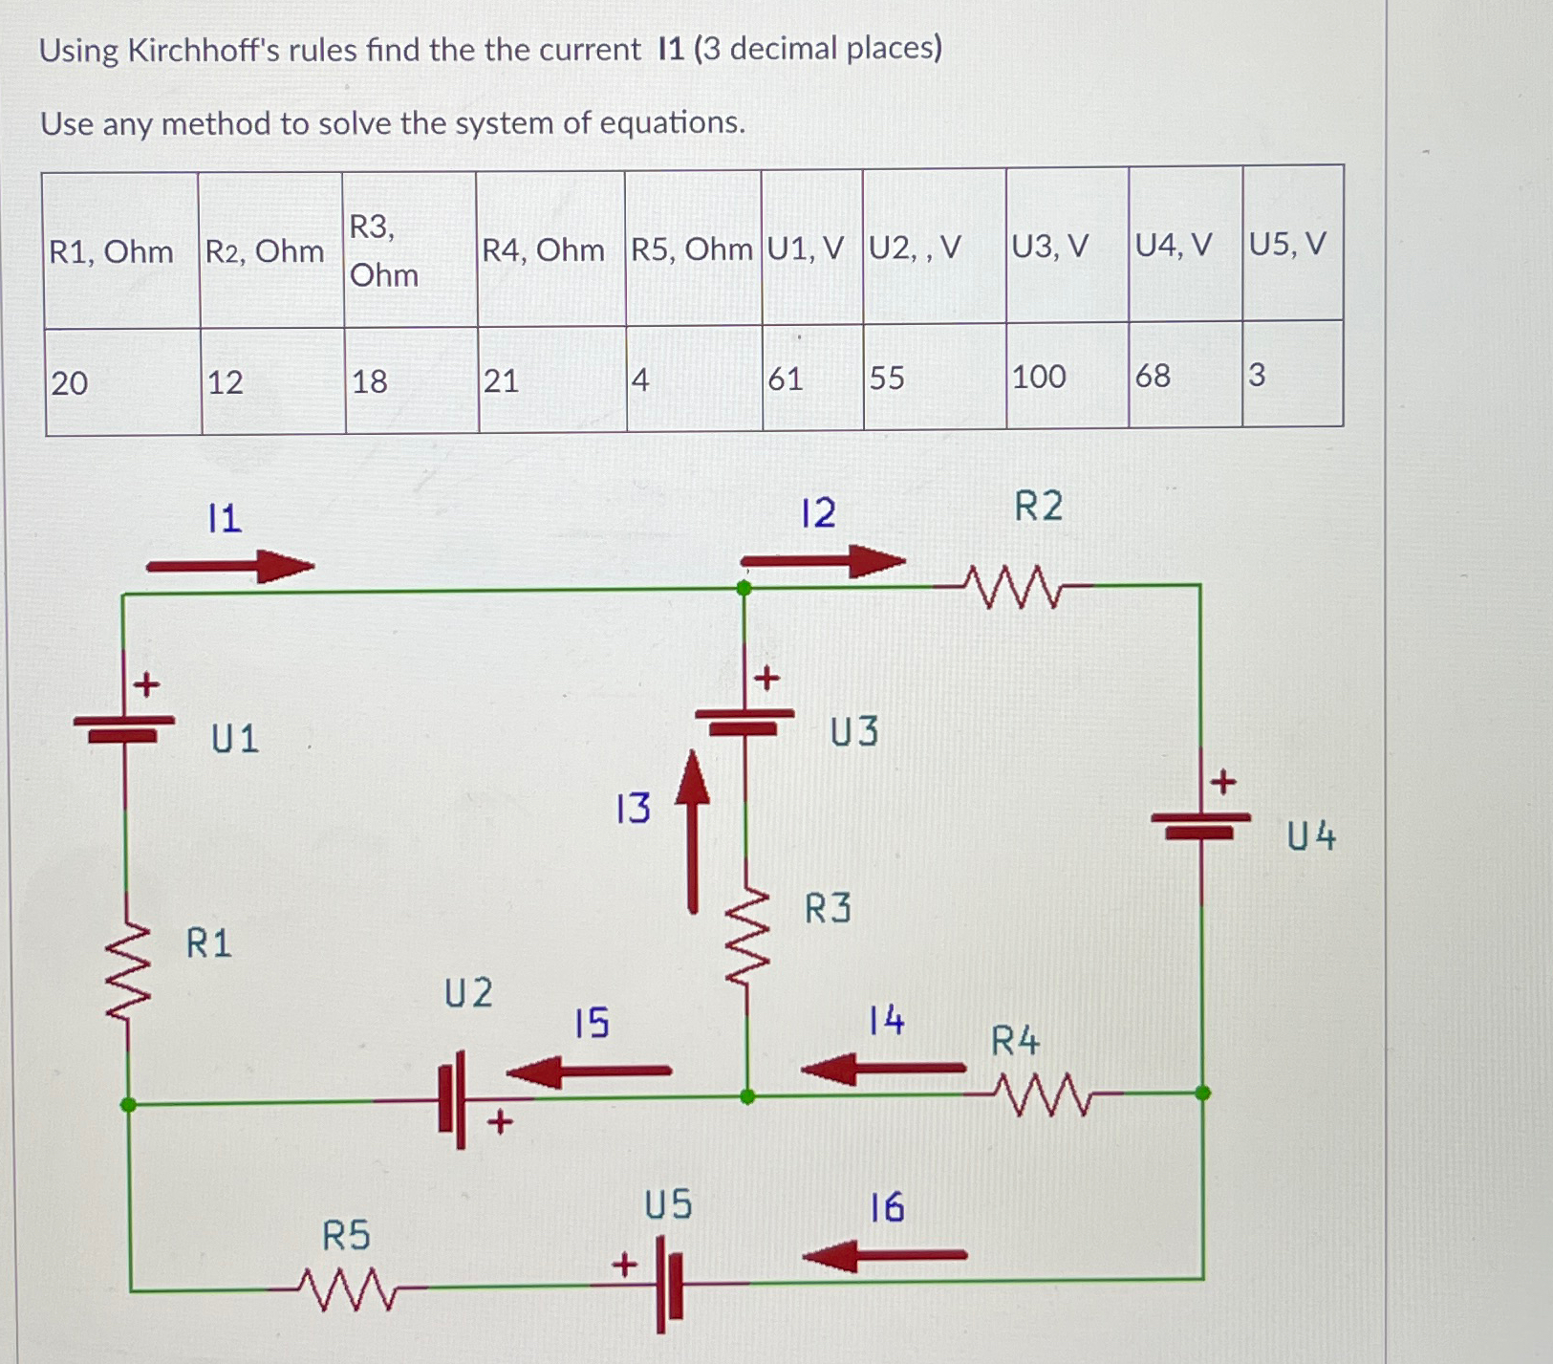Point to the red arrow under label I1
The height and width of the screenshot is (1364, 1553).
tap(230, 567)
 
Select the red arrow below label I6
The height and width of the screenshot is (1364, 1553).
tap(885, 1255)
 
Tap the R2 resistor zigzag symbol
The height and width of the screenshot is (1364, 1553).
tap(1012, 586)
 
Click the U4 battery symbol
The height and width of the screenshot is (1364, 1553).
tap(1200, 824)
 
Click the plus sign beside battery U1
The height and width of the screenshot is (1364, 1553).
tap(145, 684)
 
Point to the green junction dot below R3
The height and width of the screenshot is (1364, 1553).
tap(747, 1097)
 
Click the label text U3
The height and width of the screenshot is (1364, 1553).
tap(853, 732)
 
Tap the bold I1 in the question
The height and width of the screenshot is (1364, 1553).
tap(671, 49)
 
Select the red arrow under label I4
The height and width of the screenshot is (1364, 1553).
tap(883, 1068)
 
